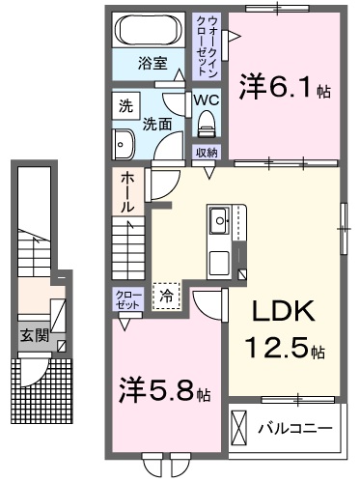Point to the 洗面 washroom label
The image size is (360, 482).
(x=157, y=125)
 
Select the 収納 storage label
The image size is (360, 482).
(x=206, y=152)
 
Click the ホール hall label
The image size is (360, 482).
(x=128, y=193)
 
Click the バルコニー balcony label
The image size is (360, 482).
(x=295, y=426)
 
